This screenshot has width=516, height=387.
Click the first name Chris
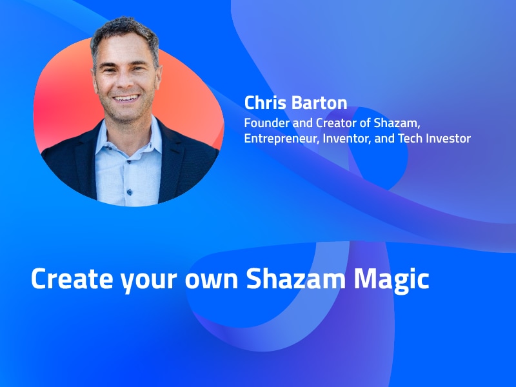[x=265, y=103]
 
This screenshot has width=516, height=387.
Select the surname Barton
[x=319, y=103]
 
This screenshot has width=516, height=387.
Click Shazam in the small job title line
[x=397, y=123]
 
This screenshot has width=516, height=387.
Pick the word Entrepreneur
[x=282, y=139]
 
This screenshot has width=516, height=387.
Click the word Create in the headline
[x=72, y=279]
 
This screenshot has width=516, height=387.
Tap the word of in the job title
[x=365, y=123]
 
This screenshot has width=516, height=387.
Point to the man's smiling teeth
[x=126, y=98]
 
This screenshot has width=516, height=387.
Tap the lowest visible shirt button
[x=130, y=192]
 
